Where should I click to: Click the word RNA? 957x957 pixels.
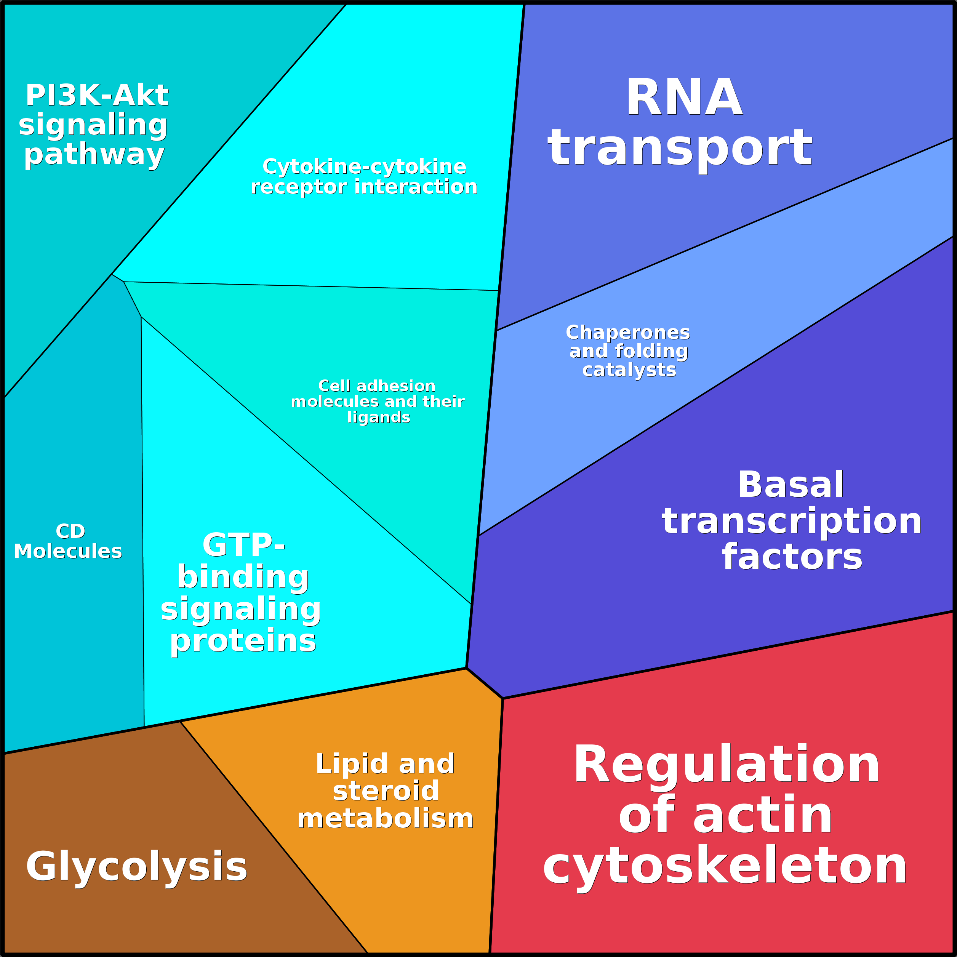click(x=684, y=98)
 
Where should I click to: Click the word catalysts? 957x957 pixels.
click(x=629, y=370)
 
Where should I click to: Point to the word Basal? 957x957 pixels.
click(x=791, y=485)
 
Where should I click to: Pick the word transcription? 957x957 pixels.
click(x=792, y=521)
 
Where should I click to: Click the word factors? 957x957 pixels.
click(x=792, y=557)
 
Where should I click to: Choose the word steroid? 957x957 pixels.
click(x=386, y=791)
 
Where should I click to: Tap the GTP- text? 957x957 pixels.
click(x=243, y=545)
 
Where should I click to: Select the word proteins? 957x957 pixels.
click(x=243, y=641)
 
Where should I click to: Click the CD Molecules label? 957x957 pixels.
click(x=68, y=541)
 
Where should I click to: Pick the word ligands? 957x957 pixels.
click(x=379, y=418)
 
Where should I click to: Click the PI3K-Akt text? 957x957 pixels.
click(x=97, y=95)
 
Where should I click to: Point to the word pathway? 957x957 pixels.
click(x=94, y=155)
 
